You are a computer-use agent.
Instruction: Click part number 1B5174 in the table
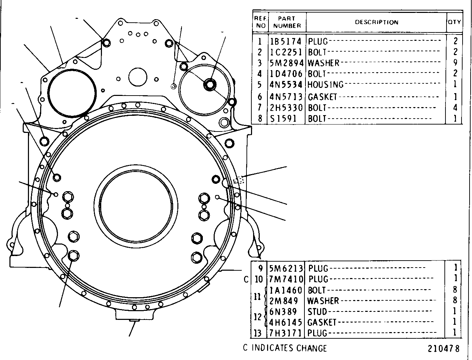click(x=286, y=42)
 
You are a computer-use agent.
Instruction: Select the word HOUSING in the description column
click(x=326, y=85)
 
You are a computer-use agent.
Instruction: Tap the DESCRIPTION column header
click(x=377, y=22)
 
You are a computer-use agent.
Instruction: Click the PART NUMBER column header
click(x=287, y=22)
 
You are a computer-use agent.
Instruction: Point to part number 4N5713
click(x=286, y=97)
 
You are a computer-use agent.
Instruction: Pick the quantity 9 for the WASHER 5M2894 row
click(x=455, y=62)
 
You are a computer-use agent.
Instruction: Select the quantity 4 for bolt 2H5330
click(x=455, y=107)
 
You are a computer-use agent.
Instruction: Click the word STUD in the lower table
click(x=317, y=312)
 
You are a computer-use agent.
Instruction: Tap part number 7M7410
click(x=286, y=279)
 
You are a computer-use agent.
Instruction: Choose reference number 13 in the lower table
click(x=258, y=333)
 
